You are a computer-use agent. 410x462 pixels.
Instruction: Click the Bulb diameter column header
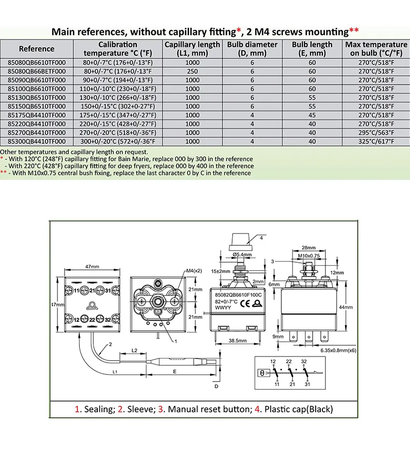tap(252, 49)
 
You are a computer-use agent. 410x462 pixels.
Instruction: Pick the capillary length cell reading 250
tap(192, 72)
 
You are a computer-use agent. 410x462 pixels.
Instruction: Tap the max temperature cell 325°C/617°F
tap(376, 141)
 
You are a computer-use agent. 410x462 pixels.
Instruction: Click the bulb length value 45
tap(312, 115)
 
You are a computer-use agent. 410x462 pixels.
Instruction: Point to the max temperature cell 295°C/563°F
tap(376, 132)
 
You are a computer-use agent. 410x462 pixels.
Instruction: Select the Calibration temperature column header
tap(118, 49)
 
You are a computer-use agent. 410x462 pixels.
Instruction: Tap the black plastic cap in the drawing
tap(240, 239)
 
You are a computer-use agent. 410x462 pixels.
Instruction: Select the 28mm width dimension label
tap(308, 247)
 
